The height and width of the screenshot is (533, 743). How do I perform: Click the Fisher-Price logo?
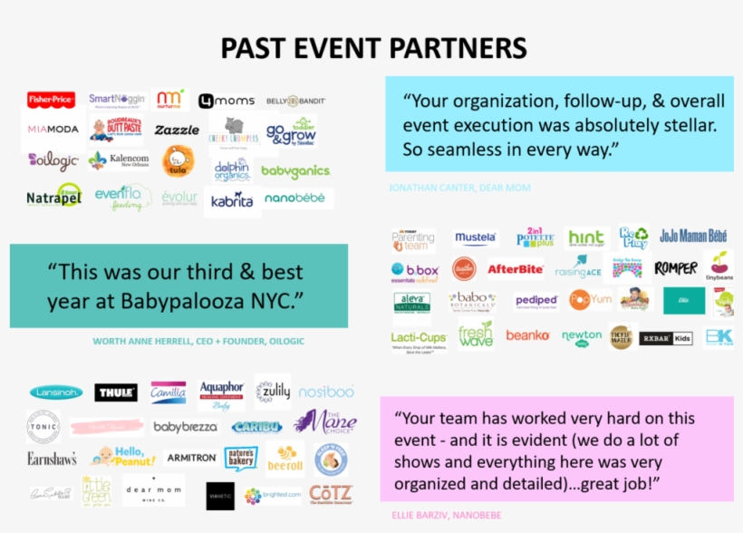tap(51, 100)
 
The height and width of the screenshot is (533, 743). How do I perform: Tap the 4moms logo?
tap(219, 101)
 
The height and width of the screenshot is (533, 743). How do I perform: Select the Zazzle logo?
tap(176, 131)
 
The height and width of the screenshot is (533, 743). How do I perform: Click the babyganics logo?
tap(295, 171)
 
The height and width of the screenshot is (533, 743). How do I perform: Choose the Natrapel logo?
tap(53, 196)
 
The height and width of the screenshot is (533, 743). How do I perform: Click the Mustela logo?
tap(476, 239)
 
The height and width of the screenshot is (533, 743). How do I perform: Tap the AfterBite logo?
tap(515, 269)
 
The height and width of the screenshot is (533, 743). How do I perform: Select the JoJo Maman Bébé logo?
tap(693, 236)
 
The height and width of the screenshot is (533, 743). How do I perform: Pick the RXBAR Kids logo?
tap(665, 337)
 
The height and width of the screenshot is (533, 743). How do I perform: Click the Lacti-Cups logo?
tap(419, 337)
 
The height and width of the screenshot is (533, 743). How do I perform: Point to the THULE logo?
tap(116, 392)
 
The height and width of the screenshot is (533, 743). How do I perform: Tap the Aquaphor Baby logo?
tap(221, 395)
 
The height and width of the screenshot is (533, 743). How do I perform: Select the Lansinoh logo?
tap(56, 392)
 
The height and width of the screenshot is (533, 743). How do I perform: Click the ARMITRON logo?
tap(191, 458)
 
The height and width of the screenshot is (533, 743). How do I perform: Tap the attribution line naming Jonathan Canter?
tap(458, 188)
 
